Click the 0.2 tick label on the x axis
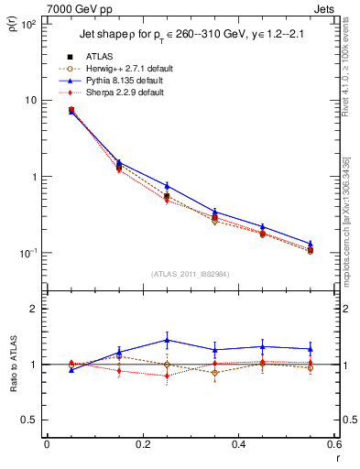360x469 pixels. [142, 444]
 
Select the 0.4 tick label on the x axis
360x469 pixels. [237, 444]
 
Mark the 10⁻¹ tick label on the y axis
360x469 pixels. [27, 253]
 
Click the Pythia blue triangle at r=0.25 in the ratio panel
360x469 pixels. [167, 340]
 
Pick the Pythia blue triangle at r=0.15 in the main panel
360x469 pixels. [119, 162]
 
